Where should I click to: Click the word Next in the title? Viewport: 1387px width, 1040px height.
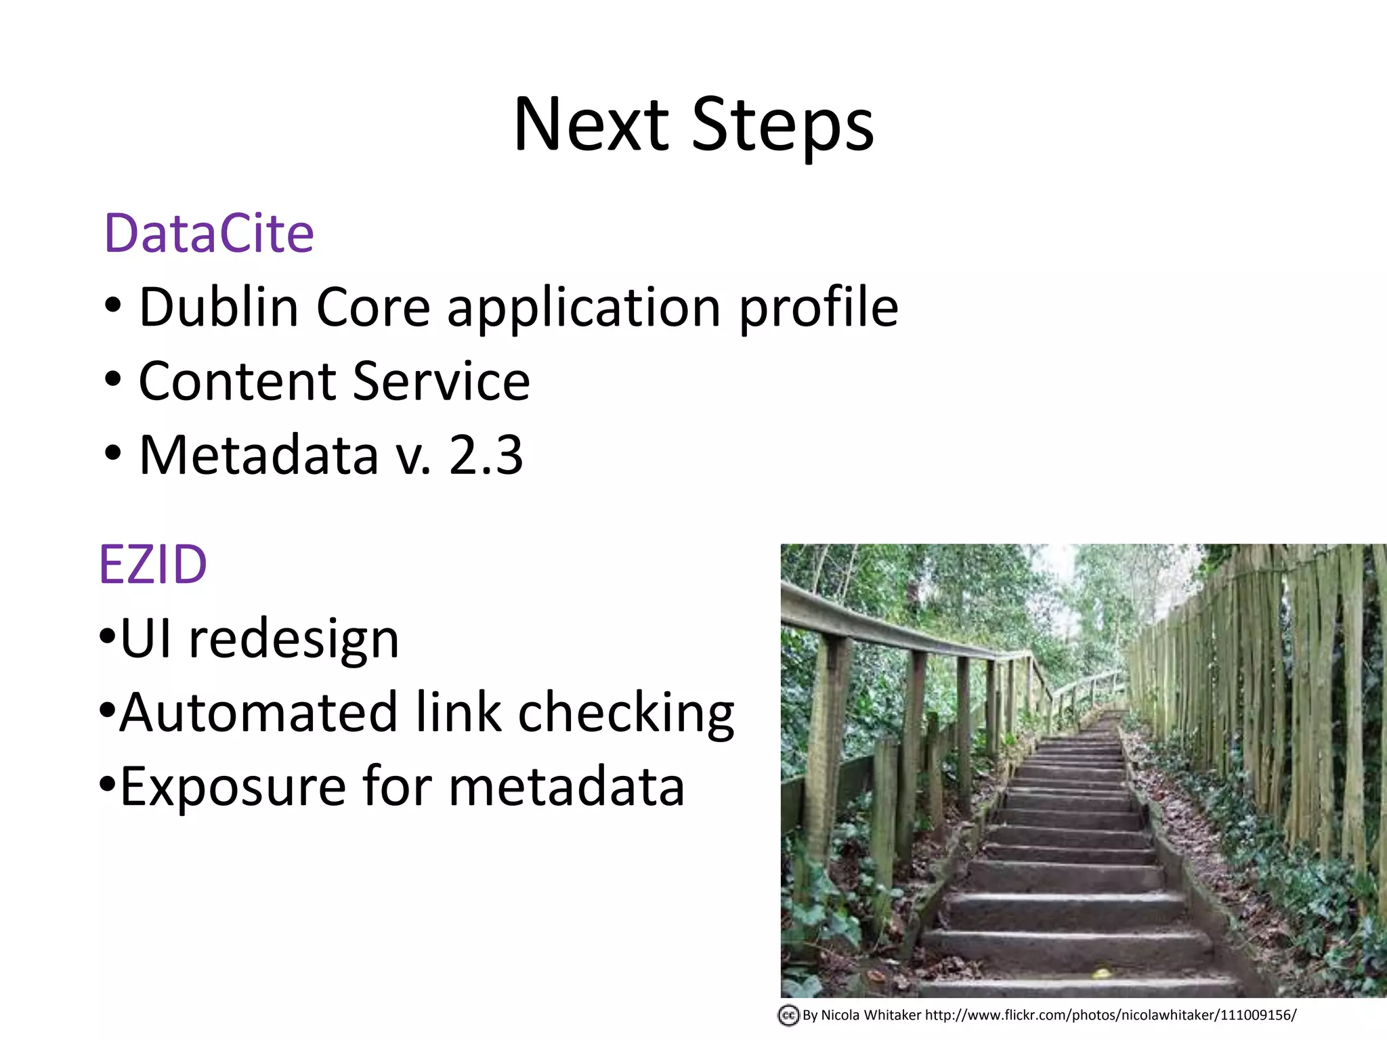tap(591, 125)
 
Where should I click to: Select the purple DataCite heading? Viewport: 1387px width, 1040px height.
tap(209, 234)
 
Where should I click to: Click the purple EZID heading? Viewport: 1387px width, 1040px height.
tap(152, 565)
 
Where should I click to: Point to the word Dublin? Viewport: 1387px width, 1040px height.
tap(218, 307)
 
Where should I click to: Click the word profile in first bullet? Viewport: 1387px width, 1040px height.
tap(817, 309)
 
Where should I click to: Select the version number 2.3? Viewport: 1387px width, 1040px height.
tap(486, 455)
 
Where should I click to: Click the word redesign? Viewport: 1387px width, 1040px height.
tap(293, 641)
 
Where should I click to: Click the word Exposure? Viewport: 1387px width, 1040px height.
tap(233, 787)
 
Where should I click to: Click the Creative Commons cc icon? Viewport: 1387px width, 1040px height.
tap(788, 1016)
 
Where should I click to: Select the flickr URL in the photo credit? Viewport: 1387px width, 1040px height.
tap(1111, 1016)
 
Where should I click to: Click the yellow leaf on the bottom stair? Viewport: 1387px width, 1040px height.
tap(1101, 974)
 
